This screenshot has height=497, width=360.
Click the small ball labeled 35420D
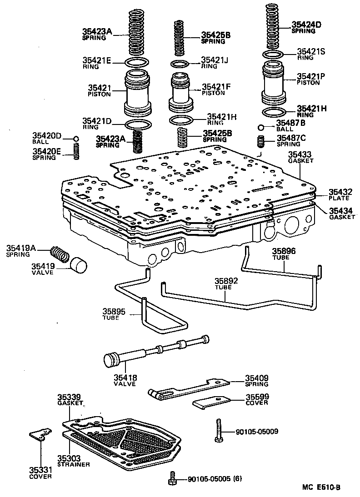76,139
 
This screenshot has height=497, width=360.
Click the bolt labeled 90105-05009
219,430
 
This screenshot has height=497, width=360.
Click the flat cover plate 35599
212,402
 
